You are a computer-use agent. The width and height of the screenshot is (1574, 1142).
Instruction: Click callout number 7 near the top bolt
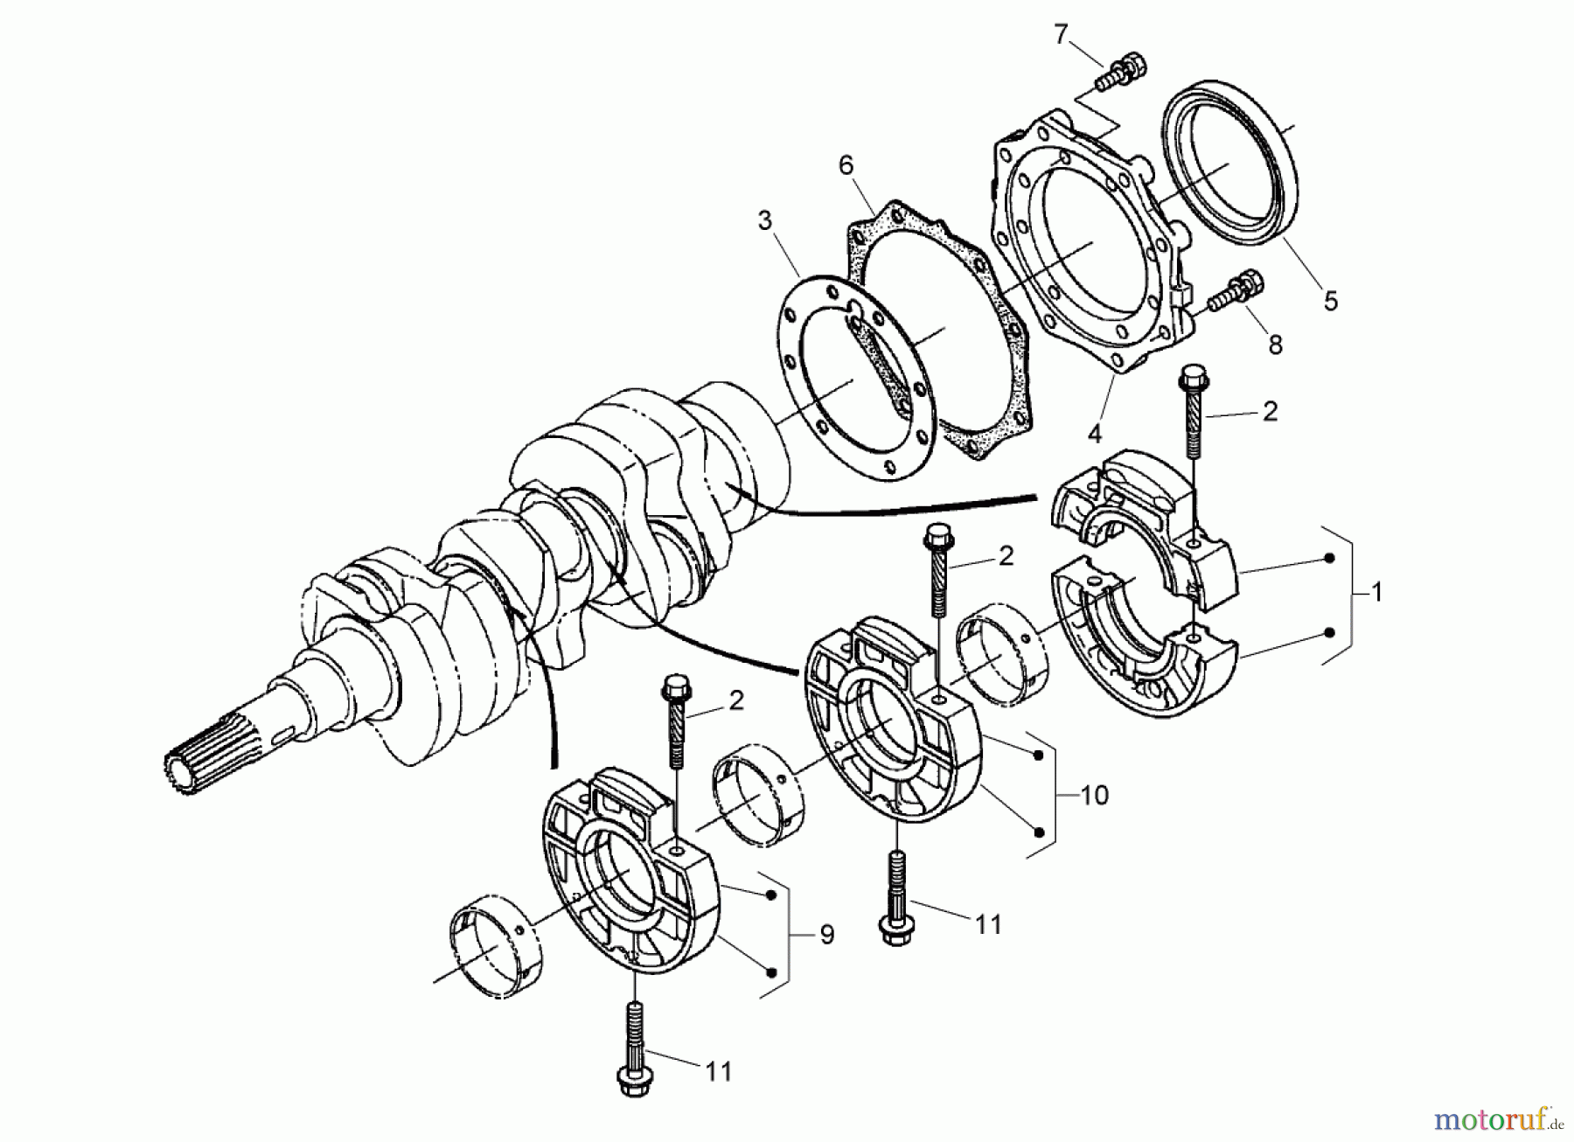[x=1061, y=35]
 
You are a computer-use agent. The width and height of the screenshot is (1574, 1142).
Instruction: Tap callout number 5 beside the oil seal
[x=1330, y=301]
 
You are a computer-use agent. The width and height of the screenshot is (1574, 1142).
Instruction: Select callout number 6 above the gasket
[x=845, y=165]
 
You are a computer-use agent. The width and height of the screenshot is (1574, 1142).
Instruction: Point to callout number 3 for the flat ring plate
[x=765, y=220]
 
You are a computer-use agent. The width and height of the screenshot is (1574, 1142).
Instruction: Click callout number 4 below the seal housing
[x=1095, y=432]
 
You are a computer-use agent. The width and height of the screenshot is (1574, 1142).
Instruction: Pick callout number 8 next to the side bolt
[x=1275, y=345]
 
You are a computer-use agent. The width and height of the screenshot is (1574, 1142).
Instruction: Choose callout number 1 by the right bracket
[x=1376, y=592]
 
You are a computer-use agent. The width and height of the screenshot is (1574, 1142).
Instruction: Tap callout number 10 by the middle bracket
[x=1094, y=795]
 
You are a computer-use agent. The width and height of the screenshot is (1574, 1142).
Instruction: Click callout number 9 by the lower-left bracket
[x=826, y=936]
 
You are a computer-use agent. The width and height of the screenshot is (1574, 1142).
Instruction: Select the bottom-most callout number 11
[x=718, y=1070]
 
